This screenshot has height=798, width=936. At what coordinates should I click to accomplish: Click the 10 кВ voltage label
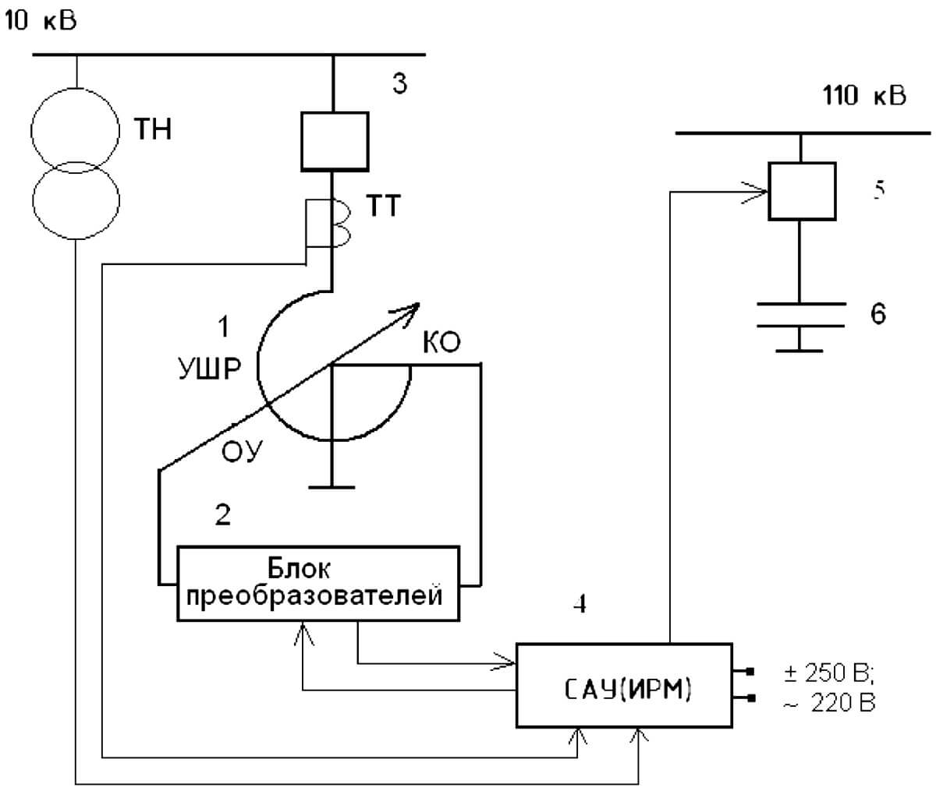[40, 20]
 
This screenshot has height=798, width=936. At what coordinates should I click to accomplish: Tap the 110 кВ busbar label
[864, 95]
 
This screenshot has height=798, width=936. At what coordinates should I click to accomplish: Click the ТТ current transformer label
[384, 206]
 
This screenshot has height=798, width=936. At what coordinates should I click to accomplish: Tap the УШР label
[210, 369]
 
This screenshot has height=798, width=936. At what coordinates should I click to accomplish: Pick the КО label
[441, 342]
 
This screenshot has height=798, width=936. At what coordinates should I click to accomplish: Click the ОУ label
[243, 451]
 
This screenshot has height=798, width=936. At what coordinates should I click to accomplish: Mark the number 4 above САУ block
[580, 603]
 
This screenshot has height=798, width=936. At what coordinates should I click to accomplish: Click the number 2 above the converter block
[223, 514]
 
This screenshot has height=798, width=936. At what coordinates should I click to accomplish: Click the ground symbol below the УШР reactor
[332, 487]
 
